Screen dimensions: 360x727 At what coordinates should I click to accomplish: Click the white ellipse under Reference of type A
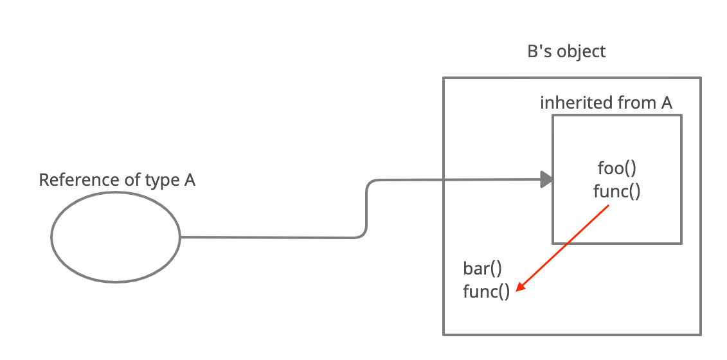[116, 237]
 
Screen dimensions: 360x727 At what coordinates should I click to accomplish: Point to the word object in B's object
[582, 52]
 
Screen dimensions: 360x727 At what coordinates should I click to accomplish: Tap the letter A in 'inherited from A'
[667, 103]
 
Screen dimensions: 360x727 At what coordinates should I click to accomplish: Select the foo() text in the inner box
[616, 168]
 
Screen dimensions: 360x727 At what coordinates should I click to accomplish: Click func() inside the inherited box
[616, 192]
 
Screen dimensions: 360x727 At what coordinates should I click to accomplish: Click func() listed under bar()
[486, 292]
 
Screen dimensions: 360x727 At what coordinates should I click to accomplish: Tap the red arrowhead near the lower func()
[520, 288]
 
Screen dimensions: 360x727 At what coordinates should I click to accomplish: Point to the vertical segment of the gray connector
[366, 209]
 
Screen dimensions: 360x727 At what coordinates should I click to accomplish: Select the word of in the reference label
[131, 180]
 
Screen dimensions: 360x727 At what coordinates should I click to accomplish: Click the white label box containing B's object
[591, 51]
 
